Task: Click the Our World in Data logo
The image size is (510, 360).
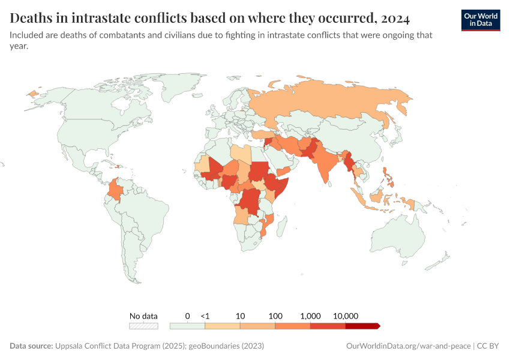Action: click(481, 20)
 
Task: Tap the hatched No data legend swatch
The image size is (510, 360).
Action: click(144, 326)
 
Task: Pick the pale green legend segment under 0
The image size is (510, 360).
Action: click(187, 326)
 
